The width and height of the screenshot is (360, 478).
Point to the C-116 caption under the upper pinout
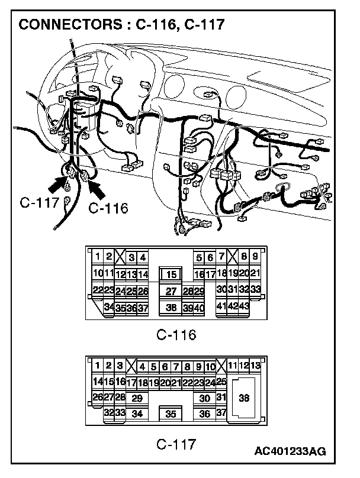(x=176, y=335)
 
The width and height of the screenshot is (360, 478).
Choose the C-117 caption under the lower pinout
(x=176, y=443)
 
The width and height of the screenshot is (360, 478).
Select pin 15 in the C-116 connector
(x=171, y=274)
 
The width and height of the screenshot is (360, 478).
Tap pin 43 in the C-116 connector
(x=243, y=306)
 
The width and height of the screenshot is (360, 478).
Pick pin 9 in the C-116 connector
(x=254, y=257)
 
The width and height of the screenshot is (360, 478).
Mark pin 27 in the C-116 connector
(x=171, y=290)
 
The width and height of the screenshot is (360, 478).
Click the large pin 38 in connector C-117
(x=244, y=399)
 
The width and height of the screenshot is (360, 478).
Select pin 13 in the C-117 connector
(x=255, y=366)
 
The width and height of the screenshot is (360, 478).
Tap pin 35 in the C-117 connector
(x=171, y=414)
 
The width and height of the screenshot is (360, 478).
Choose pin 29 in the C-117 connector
(x=137, y=398)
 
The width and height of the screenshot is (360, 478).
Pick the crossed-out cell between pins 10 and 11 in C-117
(x=221, y=366)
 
